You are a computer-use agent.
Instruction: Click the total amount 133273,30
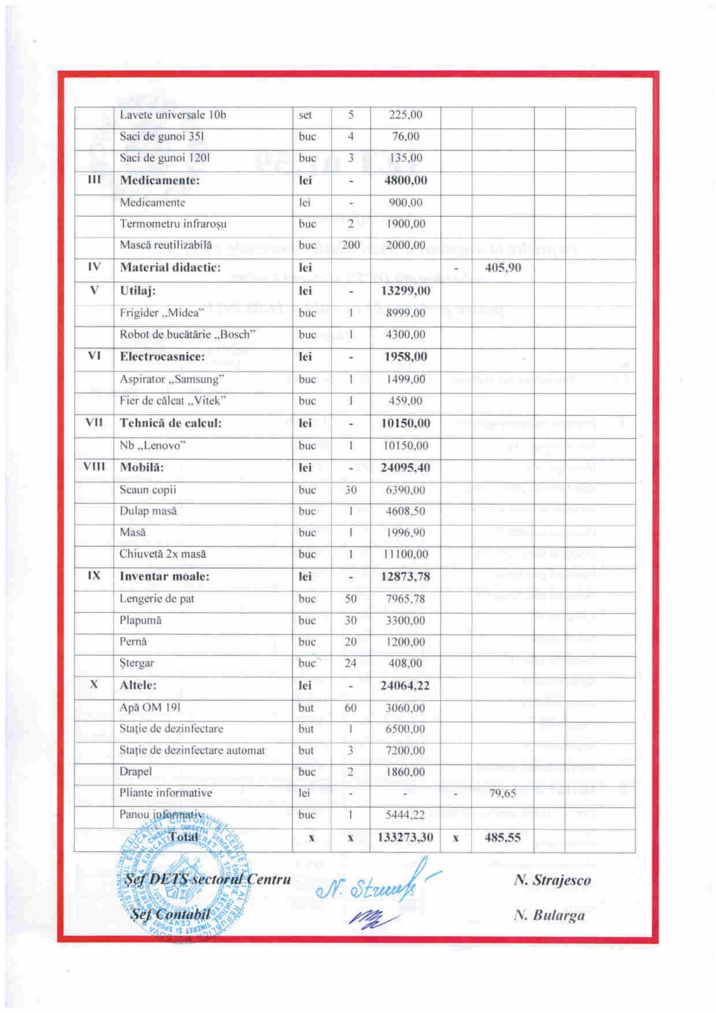[x=405, y=837]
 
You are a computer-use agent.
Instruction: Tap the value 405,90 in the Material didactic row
[x=503, y=267]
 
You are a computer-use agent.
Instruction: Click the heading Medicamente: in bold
[x=160, y=181]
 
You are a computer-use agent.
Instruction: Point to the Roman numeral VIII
[x=94, y=467]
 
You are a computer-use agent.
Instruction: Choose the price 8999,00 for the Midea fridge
[x=405, y=313]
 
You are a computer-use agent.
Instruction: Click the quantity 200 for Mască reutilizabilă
[x=351, y=245]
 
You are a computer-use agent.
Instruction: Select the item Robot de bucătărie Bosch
[x=187, y=334]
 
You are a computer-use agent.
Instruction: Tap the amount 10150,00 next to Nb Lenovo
[x=405, y=445]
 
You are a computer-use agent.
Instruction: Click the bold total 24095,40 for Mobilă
[x=405, y=467]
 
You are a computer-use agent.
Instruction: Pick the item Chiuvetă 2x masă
[x=162, y=554]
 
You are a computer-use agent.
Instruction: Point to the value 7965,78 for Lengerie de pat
[x=405, y=599]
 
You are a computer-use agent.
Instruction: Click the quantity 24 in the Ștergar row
[x=350, y=663]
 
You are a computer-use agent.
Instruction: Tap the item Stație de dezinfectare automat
[x=192, y=750]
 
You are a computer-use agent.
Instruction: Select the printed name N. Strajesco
[x=552, y=880]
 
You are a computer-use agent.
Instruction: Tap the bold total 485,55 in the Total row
[x=503, y=837]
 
